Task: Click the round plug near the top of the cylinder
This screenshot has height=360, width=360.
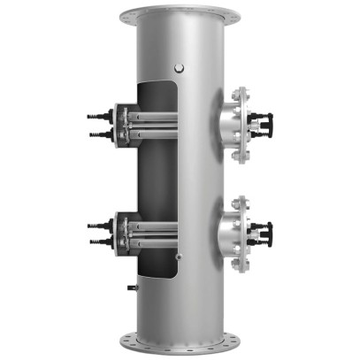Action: coord(180,66)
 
